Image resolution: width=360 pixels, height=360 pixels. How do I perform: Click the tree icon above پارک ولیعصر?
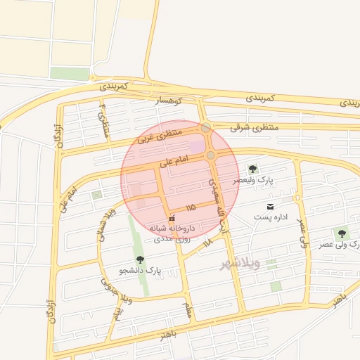[252, 169]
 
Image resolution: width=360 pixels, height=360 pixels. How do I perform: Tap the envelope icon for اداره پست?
[270, 207]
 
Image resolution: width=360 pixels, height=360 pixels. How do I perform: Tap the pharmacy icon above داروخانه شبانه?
[172, 219]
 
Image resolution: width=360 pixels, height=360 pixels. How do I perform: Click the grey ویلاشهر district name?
[240, 264]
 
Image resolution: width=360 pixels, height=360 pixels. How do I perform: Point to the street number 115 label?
[191, 208]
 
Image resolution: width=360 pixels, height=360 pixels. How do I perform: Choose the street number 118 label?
[207, 243]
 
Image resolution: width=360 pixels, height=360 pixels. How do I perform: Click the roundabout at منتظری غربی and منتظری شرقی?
[205, 128]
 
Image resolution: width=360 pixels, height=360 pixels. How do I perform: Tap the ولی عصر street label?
[302, 233]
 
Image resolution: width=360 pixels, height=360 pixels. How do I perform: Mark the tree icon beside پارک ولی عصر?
[342, 233]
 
